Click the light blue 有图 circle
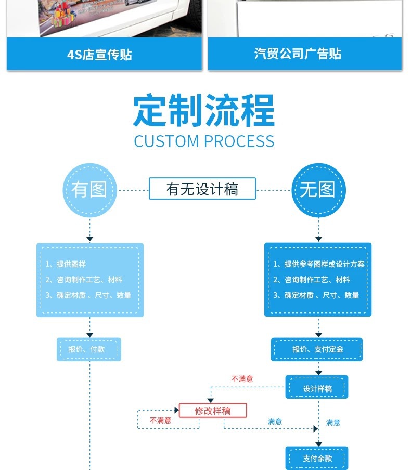coord(90,190)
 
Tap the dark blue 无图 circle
coord(318,190)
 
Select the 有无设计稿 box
coord(202,189)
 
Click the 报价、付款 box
coord(89,349)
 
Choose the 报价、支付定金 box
coord(317,349)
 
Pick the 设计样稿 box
coord(317,388)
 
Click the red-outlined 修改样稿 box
coord(213,410)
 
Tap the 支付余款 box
coord(317,458)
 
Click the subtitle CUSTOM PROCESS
coord(204,141)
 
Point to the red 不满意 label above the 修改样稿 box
coord(242,379)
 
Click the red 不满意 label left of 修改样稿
coord(160,420)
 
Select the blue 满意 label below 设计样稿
coord(333,422)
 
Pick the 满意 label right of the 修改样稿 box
coord(275,421)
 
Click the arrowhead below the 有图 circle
coord(90,239)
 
